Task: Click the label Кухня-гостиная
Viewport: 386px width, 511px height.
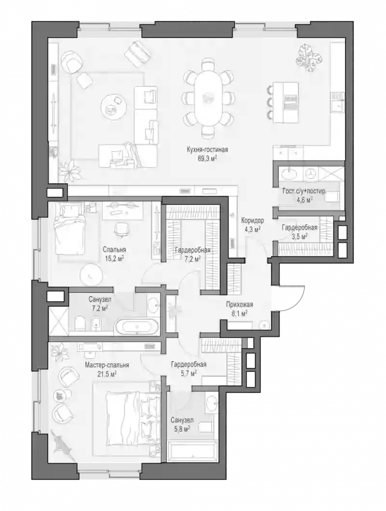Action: [x=207, y=149]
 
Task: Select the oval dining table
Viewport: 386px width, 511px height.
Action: [x=207, y=97]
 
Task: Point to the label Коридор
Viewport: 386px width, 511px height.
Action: [x=252, y=220]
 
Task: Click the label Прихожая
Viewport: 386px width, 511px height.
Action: [x=239, y=305]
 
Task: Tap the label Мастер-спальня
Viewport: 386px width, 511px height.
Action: [x=107, y=365]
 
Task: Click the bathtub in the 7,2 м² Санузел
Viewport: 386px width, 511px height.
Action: [x=137, y=326]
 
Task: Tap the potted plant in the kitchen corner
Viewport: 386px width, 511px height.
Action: [x=309, y=58]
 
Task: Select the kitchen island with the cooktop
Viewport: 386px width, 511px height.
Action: [x=286, y=102]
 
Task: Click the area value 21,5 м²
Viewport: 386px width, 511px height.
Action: [x=107, y=374]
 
